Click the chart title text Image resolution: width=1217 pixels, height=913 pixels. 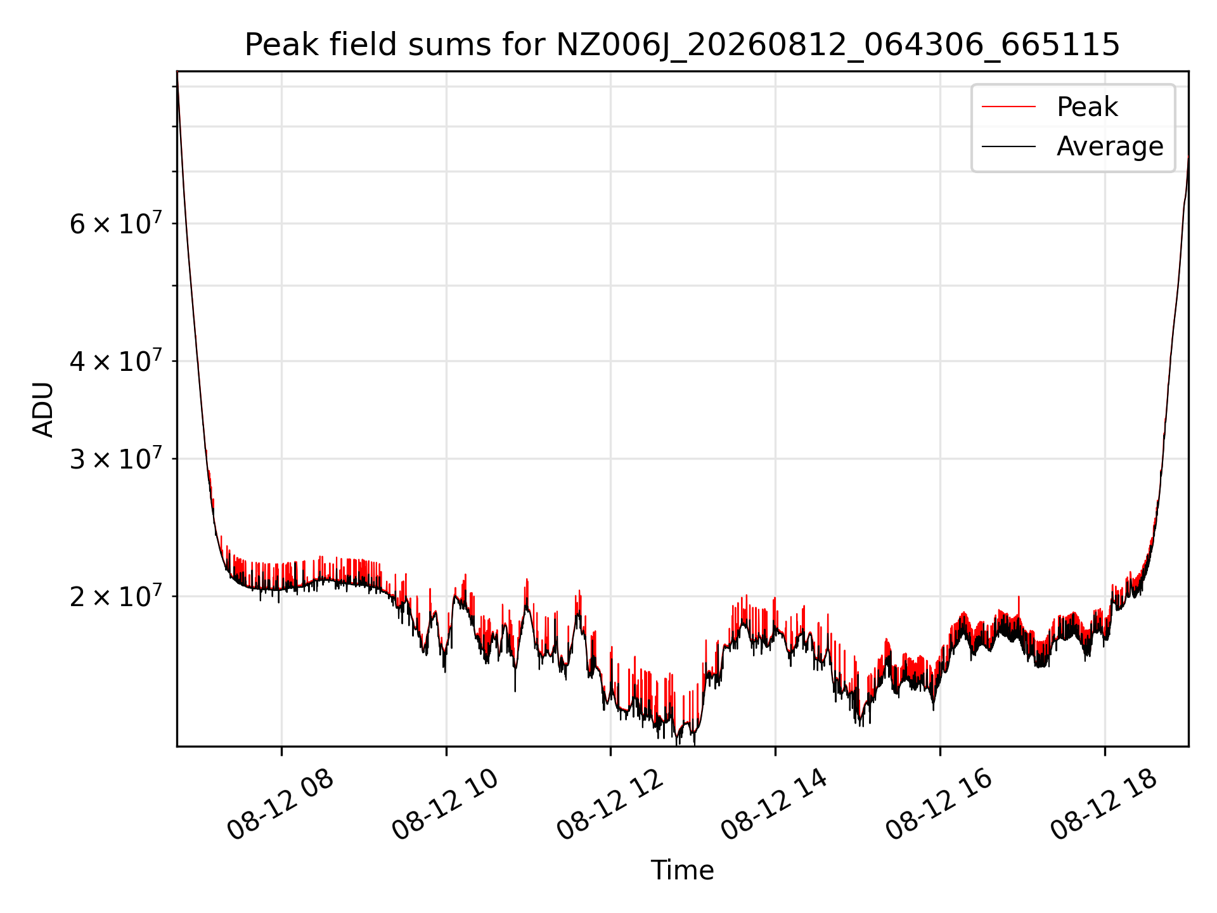(x=682, y=45)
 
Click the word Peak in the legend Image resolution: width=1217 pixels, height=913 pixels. (x=1087, y=107)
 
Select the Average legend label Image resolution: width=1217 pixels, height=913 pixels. (x=1110, y=146)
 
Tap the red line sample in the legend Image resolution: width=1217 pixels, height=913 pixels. (x=1008, y=107)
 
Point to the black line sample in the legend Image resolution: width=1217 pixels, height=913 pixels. (x=1008, y=146)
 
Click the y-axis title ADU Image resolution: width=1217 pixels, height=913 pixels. (x=43, y=409)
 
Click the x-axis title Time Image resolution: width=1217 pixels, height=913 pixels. (x=682, y=871)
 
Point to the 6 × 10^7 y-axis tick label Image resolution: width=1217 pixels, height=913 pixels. (x=115, y=224)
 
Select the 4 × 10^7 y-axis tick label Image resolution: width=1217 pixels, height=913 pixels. (x=115, y=361)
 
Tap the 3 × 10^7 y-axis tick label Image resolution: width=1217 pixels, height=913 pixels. (x=115, y=459)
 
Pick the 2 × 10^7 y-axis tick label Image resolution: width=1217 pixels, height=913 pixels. (x=115, y=597)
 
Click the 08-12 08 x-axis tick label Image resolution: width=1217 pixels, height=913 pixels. (x=280, y=805)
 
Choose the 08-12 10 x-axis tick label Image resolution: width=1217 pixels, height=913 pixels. (x=445, y=805)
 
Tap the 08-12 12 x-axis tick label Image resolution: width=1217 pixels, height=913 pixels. (x=610, y=805)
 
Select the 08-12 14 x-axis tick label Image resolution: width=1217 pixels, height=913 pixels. (x=775, y=805)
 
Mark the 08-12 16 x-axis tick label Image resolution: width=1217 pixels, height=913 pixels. (x=939, y=805)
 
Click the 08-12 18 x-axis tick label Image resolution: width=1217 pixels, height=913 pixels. (x=1104, y=805)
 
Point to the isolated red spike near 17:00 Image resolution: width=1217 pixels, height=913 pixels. (x=1019, y=605)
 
